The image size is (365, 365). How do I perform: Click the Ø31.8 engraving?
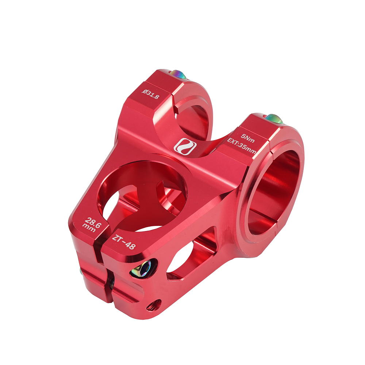pos(151,94)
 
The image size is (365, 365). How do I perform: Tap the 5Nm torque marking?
pos(248,138)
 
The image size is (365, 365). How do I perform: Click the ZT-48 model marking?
pos(124,242)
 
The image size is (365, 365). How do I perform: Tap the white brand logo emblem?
pos(185,147)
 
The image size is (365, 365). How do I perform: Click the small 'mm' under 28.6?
pos(89,228)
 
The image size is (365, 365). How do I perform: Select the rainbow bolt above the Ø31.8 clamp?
pos(177,74)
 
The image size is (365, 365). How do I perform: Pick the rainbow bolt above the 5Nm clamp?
pos(274,119)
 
